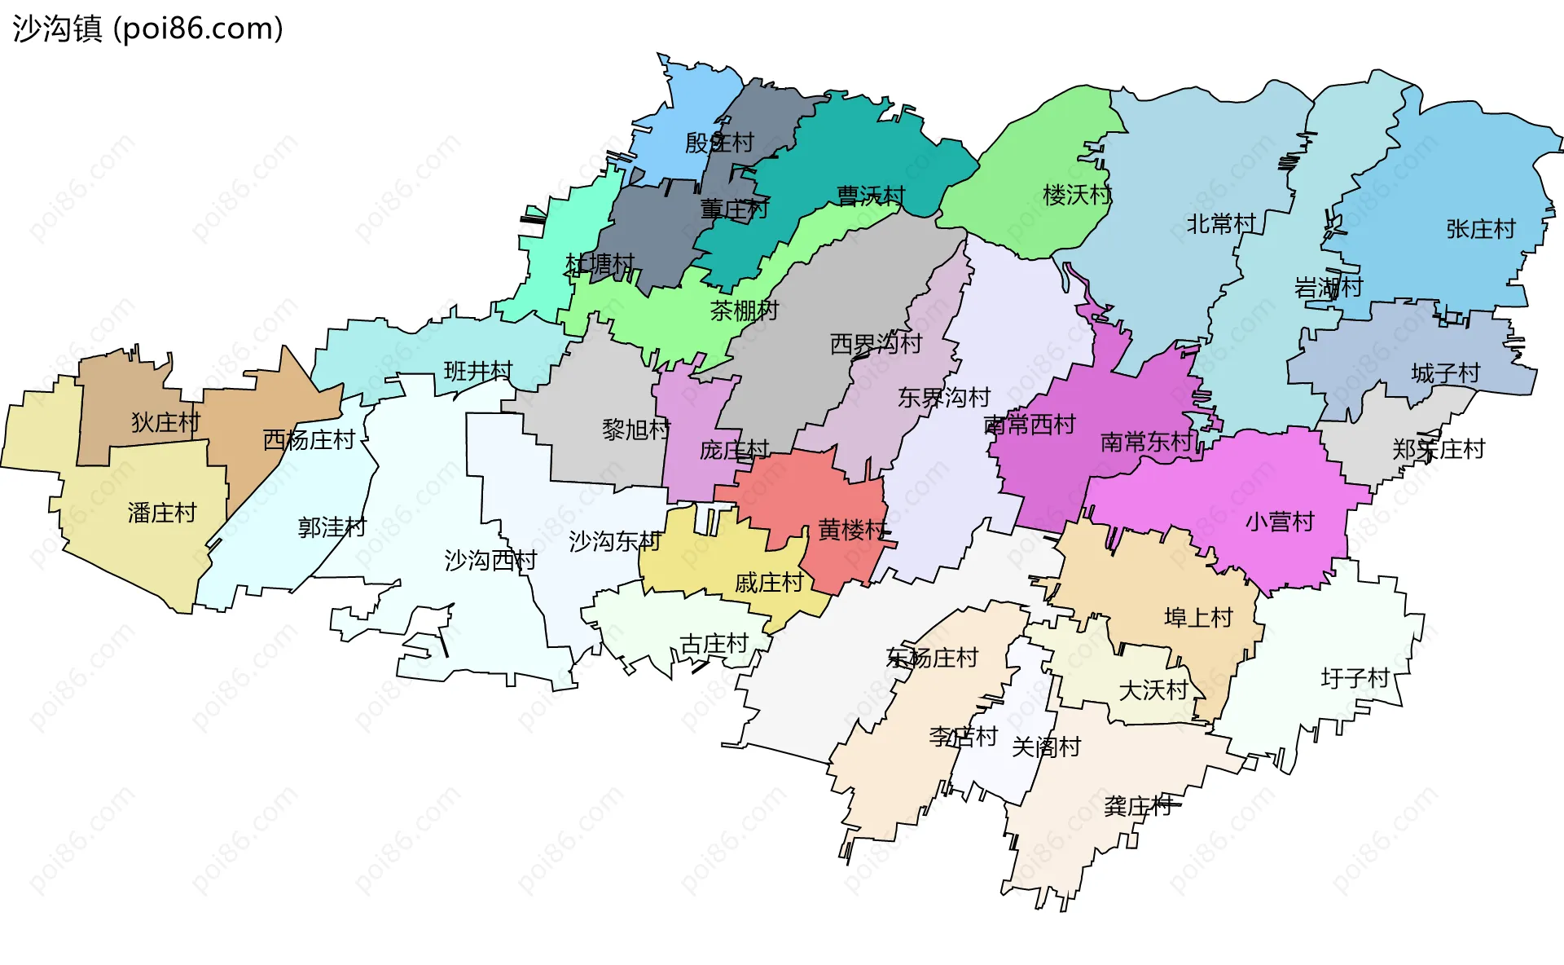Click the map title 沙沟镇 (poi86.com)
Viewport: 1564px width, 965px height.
coord(147,29)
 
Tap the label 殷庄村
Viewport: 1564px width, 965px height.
coord(719,143)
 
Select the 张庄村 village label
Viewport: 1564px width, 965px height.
coord(1480,229)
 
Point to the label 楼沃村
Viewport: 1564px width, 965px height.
coord(1077,195)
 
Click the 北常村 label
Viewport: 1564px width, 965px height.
coord(1220,223)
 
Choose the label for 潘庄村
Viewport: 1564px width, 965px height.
coord(162,513)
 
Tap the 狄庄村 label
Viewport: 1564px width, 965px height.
coord(165,422)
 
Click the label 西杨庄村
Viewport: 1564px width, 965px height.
coord(309,440)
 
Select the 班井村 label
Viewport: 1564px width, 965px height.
coord(478,372)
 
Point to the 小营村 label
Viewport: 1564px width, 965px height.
coord(1280,522)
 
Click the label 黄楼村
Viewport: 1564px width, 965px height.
coord(852,531)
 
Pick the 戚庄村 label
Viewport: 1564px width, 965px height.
coord(769,583)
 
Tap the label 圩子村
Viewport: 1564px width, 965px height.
coord(1355,678)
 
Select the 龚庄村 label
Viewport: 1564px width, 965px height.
coord(1138,806)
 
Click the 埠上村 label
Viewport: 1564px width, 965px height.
coord(1198,617)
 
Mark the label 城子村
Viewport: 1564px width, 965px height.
coord(1445,373)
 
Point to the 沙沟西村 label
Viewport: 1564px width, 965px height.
coord(490,560)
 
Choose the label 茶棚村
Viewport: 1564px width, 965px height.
coord(744,311)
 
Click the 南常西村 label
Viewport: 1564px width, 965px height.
coord(1030,425)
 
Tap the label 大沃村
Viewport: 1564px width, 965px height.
coord(1153,690)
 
